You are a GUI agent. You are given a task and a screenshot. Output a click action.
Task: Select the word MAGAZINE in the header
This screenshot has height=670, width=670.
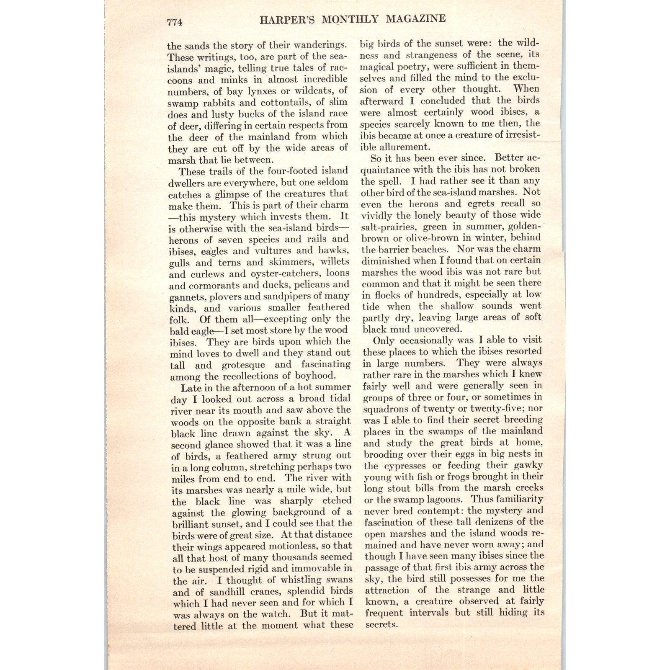tap(416, 19)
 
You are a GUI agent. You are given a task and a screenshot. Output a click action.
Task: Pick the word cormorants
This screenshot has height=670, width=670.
tap(214, 286)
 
